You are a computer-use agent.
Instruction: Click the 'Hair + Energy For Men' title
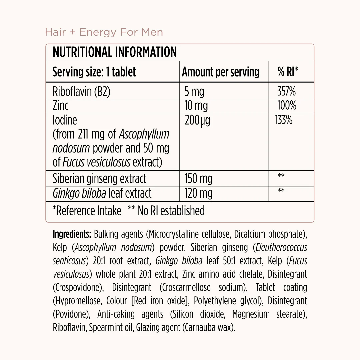click(104, 32)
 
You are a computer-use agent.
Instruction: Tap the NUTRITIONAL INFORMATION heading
click(115, 52)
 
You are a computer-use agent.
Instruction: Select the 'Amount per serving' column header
click(220, 72)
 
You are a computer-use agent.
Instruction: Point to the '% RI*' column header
click(288, 72)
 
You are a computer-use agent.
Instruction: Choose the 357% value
click(286, 91)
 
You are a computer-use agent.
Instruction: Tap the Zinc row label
click(60, 106)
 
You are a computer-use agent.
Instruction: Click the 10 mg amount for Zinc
click(196, 106)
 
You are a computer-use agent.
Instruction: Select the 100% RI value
click(287, 106)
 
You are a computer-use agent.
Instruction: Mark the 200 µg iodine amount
click(197, 120)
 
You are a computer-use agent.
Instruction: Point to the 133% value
click(284, 120)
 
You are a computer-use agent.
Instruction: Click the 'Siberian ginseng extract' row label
click(99, 179)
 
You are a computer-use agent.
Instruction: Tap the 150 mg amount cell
click(198, 179)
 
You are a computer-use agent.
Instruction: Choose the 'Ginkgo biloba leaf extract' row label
click(102, 193)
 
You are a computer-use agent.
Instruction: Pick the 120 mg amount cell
click(198, 193)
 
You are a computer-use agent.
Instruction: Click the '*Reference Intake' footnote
click(87, 211)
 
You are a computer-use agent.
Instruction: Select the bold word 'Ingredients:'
click(72, 234)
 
